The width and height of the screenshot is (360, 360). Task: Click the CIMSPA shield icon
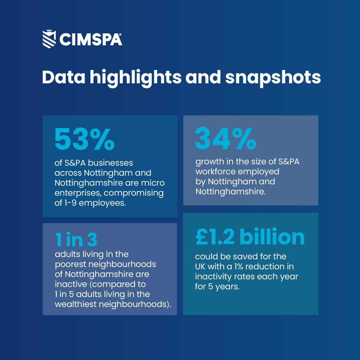[x=49, y=39]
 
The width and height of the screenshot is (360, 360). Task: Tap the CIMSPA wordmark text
[x=90, y=39]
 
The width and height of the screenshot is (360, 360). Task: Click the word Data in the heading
[x=63, y=77]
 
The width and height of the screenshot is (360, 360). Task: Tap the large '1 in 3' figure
[x=76, y=239]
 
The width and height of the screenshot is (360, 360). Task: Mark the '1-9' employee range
[x=71, y=203]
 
